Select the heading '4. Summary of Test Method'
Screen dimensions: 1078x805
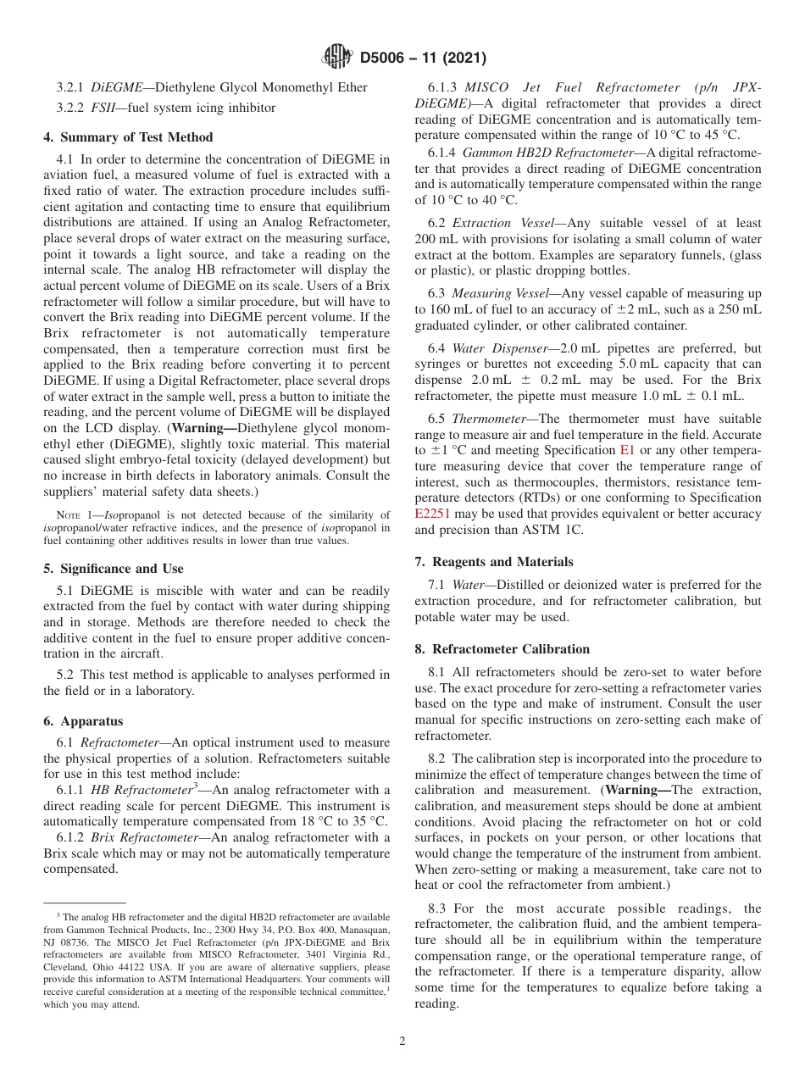(x=128, y=137)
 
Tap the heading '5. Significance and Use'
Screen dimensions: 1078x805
(x=113, y=569)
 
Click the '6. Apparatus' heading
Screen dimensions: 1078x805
(x=83, y=721)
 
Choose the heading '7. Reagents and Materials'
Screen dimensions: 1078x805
(x=493, y=562)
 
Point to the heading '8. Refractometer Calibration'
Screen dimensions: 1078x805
(x=502, y=649)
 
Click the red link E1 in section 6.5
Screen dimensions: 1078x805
(x=627, y=451)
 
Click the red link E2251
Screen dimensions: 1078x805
(x=433, y=514)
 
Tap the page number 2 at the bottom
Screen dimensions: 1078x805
(x=402, y=1042)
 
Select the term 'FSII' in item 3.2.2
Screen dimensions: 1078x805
(x=104, y=108)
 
